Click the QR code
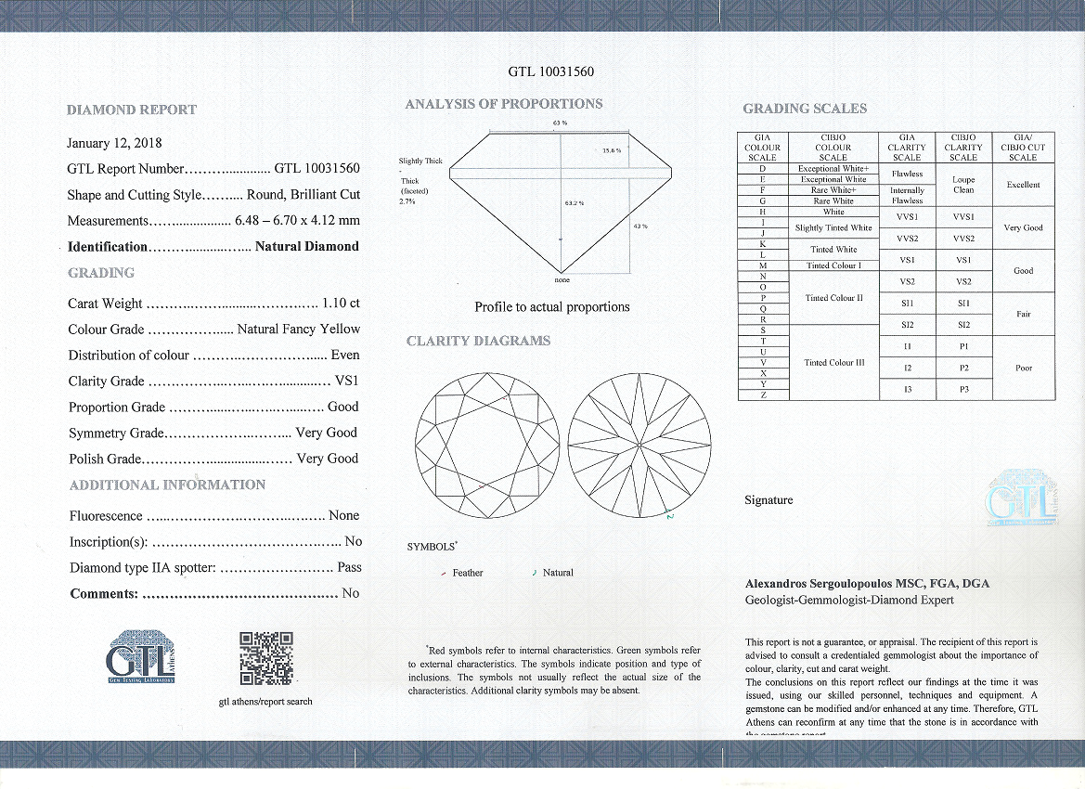coord(266,658)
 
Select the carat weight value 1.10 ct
coord(341,304)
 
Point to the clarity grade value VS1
coord(345,382)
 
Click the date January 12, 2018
coord(114,143)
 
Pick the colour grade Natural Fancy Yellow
coord(298,330)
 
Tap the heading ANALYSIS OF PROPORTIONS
coord(503,104)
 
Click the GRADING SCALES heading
coord(804,109)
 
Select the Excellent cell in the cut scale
coord(1023,185)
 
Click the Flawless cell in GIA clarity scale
coord(907,174)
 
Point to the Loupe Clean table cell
coord(963,185)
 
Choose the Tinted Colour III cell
coord(833,362)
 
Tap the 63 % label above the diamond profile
coord(560,123)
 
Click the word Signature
coord(769,500)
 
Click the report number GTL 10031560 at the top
coord(551,71)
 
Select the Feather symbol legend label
coord(467,573)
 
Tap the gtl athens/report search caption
coord(265,702)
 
